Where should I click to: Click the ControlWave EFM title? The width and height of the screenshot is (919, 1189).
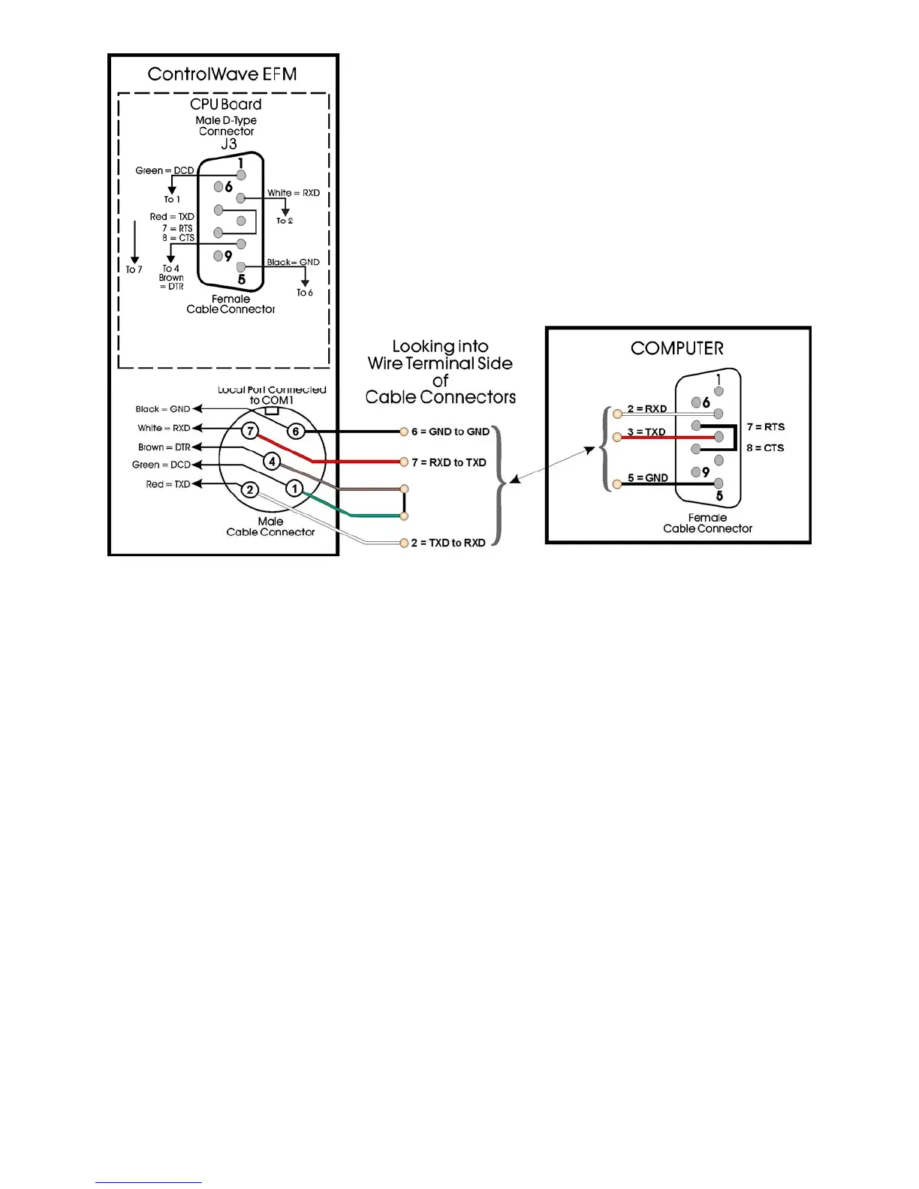tap(222, 74)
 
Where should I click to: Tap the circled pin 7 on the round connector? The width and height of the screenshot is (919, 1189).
tap(250, 431)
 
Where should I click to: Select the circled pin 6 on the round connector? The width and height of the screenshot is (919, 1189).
tap(296, 431)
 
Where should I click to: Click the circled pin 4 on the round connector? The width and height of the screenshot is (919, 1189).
tap(272, 462)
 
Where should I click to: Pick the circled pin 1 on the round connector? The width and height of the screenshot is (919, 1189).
tap(294, 489)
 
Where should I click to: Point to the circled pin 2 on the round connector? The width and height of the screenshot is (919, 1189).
tap(250, 490)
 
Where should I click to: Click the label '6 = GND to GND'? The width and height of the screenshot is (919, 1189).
tap(450, 432)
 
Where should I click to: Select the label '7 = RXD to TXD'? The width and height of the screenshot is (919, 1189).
tap(449, 462)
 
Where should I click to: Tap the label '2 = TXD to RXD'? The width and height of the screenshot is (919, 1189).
tap(448, 543)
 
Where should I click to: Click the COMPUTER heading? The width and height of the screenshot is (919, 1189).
tap(677, 348)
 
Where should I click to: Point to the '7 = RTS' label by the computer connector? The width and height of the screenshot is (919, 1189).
tap(765, 427)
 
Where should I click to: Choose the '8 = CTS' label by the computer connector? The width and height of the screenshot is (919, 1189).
tap(765, 448)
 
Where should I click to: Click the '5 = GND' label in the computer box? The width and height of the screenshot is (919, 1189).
tap(647, 478)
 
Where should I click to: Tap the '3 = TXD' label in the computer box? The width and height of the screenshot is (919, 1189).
tap(646, 432)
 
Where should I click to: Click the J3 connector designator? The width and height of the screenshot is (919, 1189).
tap(229, 144)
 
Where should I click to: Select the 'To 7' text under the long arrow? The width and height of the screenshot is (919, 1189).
tap(134, 269)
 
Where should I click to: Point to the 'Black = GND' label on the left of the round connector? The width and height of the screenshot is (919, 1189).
tap(163, 409)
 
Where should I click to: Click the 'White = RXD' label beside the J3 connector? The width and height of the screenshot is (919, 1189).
tap(294, 193)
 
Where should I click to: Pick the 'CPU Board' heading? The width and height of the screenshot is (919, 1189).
tap(226, 104)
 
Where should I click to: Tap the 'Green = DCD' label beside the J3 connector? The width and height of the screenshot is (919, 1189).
tap(164, 170)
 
